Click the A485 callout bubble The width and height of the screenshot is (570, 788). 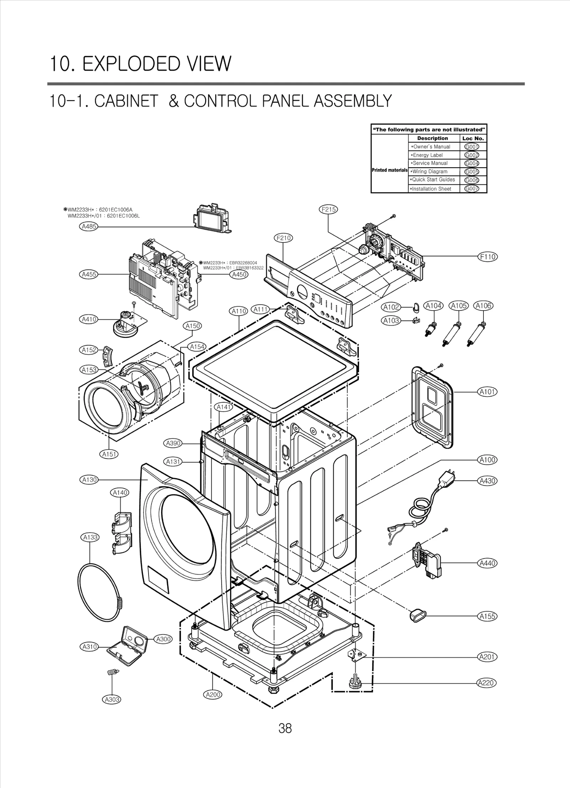click(88, 227)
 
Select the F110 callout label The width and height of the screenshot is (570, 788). click(487, 257)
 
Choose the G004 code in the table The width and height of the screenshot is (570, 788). click(472, 164)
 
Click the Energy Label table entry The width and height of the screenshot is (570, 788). click(427, 155)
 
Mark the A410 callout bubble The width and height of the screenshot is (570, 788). click(88, 319)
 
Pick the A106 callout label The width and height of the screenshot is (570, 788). click(483, 306)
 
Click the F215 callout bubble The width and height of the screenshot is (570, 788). click(328, 209)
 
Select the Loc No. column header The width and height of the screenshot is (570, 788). click(473, 138)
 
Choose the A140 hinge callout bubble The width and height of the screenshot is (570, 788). click(120, 493)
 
